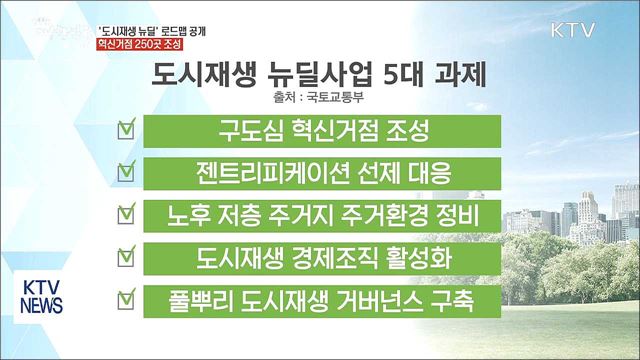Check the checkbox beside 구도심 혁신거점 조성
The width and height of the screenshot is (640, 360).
point(126,130)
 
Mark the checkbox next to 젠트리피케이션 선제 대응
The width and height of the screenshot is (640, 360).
point(126,172)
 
